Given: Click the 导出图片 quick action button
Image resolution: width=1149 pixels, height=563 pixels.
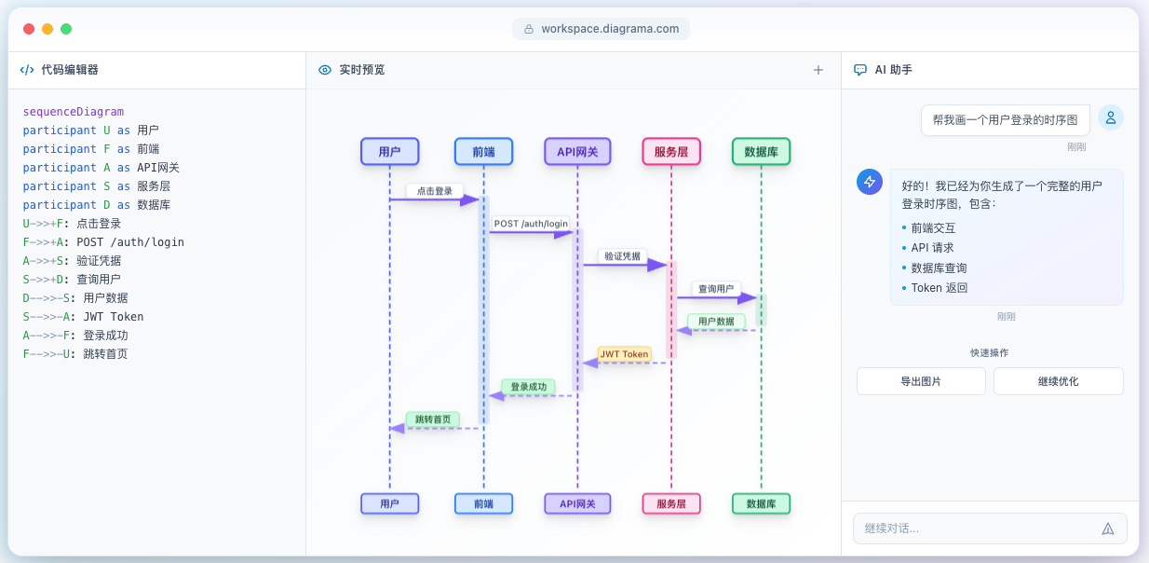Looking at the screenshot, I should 920,381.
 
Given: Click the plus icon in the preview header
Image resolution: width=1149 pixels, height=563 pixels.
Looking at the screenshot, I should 818,70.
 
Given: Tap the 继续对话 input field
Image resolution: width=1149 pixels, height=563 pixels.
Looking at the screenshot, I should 978,529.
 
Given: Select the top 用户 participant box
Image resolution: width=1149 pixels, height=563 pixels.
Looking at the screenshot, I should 389,152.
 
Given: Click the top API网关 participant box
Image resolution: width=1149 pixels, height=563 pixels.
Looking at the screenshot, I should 577,152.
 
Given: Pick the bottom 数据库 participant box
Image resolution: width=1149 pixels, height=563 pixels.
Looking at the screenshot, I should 761,504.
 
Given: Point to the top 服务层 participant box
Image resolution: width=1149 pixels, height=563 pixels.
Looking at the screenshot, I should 670,152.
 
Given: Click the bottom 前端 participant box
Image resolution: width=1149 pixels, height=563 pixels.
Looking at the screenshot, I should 483,504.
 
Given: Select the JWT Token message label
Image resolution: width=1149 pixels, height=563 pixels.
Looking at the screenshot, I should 624,354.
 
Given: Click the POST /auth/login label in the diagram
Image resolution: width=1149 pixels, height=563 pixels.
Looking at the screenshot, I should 531,224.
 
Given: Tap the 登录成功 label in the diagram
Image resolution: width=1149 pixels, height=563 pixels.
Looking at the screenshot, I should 528,387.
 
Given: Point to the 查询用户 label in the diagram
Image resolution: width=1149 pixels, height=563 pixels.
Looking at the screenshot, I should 716,289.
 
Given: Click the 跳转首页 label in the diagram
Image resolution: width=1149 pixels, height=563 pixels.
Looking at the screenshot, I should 432,419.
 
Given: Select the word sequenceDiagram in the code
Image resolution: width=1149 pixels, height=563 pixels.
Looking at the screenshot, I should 74,112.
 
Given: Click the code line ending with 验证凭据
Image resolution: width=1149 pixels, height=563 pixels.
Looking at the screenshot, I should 73,261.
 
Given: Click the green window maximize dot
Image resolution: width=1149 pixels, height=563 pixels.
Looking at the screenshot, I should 66,29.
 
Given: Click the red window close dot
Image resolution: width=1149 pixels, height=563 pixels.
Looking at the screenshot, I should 29,29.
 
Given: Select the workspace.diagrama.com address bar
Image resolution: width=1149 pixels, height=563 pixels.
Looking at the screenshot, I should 601,29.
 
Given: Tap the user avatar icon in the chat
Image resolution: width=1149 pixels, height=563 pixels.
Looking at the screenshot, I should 1110,117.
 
